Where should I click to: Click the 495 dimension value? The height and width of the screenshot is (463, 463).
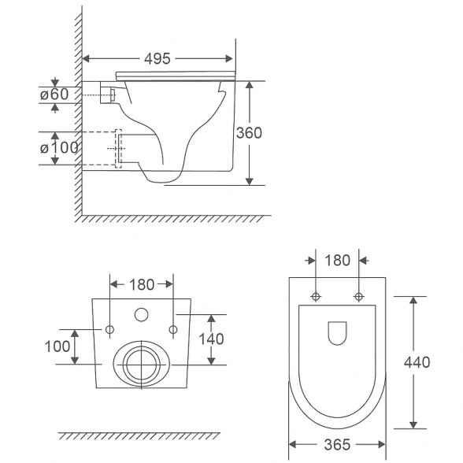point(157,59)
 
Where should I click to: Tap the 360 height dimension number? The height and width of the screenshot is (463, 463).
point(249,133)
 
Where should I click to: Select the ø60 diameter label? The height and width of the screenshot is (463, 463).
point(54,94)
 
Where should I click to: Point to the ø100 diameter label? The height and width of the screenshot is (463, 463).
point(59,148)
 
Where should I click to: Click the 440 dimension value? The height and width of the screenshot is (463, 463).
point(417,362)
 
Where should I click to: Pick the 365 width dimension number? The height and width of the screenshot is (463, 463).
point(337,444)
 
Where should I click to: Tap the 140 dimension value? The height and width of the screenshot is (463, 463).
point(211,339)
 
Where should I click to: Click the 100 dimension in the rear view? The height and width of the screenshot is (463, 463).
point(57,346)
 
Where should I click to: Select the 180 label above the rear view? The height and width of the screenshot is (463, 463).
point(142,285)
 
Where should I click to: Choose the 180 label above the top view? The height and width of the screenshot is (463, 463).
point(338,261)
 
